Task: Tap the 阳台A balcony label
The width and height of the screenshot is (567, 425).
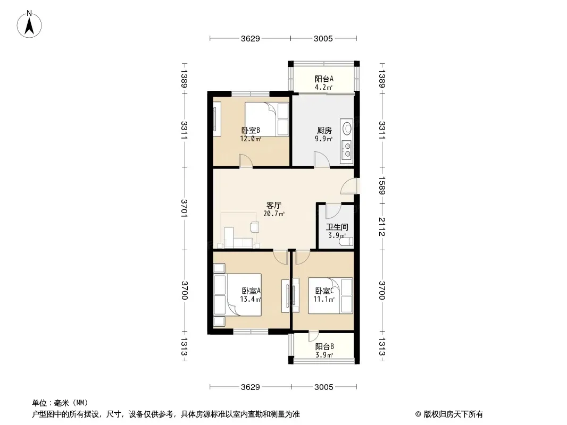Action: (x=323, y=79)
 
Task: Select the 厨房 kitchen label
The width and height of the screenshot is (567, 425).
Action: (x=324, y=130)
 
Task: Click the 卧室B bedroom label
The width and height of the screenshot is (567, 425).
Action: (x=251, y=130)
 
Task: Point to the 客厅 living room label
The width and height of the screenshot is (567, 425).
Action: (x=274, y=206)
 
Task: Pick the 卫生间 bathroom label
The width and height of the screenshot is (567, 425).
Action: (x=337, y=227)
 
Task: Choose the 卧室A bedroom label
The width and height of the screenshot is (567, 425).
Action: (x=251, y=291)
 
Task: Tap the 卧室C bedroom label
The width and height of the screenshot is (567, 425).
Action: (x=324, y=291)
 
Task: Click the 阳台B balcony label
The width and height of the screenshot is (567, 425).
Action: (x=324, y=347)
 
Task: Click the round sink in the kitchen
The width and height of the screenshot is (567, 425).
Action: (x=347, y=128)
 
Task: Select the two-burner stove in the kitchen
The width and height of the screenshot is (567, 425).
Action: (x=347, y=150)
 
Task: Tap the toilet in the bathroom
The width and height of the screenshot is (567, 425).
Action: (x=346, y=241)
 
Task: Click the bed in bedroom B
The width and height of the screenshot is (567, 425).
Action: (x=267, y=119)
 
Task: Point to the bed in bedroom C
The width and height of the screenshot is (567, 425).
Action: (x=330, y=295)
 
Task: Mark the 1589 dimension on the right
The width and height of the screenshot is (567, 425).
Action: (x=382, y=185)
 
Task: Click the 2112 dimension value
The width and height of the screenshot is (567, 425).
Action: (x=382, y=226)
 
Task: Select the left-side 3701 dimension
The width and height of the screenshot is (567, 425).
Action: (x=185, y=208)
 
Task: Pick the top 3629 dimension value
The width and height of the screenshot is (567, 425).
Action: (x=250, y=38)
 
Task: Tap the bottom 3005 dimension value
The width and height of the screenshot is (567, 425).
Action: (x=323, y=387)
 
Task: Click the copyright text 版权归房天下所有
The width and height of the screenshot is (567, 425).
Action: (x=453, y=414)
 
